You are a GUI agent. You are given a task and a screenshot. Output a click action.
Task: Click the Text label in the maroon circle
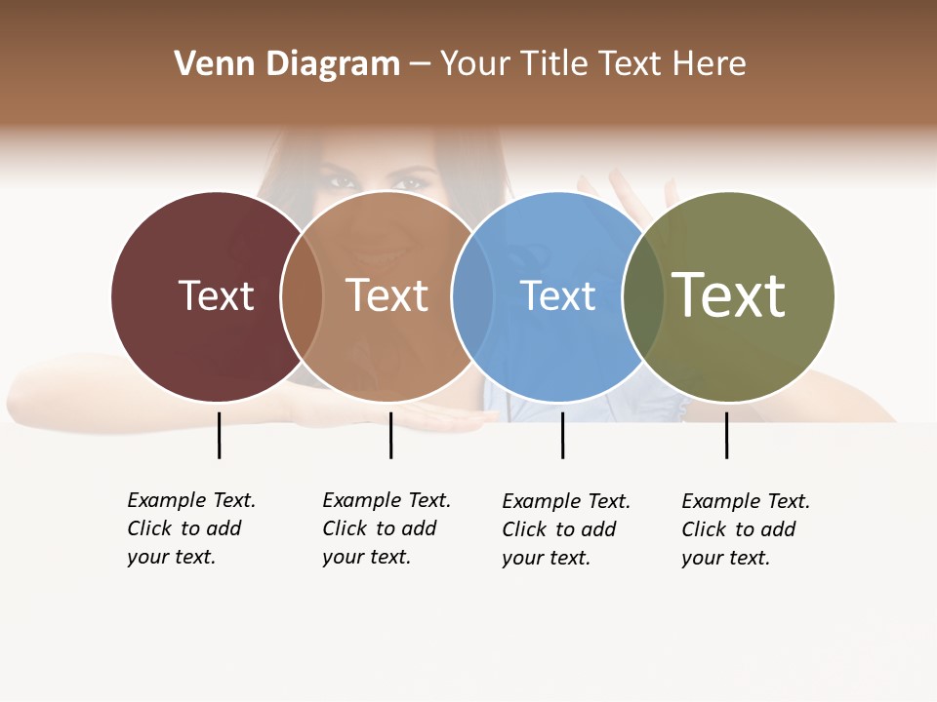coord(216,295)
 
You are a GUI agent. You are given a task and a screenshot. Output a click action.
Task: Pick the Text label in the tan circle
coord(387,295)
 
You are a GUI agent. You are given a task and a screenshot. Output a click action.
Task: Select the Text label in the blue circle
coord(557,296)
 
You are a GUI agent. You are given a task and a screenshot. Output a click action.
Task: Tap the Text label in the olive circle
coord(728,295)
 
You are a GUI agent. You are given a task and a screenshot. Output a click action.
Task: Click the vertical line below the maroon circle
coord(219,435)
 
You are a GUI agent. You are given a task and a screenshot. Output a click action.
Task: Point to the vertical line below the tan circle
coord(390,435)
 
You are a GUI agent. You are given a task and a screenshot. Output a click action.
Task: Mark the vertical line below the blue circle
coord(562,435)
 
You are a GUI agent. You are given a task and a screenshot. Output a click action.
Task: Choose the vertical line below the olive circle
coord(726,435)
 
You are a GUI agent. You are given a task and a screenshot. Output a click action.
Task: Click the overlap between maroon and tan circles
coord(302,296)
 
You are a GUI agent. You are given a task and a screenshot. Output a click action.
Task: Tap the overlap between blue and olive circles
coord(642,296)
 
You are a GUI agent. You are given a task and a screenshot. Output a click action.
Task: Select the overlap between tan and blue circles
coord(472,296)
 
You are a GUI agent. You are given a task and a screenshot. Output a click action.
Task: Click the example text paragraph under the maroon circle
coord(191,528)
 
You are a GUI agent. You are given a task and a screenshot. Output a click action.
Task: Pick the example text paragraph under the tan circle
coord(387,528)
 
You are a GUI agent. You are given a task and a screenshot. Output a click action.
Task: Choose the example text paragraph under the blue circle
coord(566,529)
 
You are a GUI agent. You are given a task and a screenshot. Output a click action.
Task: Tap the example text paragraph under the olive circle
coord(746,529)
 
